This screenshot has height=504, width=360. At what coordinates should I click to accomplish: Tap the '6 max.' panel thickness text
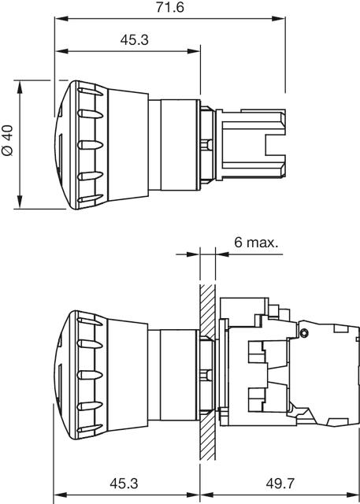click(255, 242)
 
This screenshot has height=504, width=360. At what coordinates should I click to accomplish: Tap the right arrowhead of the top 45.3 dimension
click(197, 52)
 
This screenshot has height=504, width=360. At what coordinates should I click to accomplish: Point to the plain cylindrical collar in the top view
click(177, 144)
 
